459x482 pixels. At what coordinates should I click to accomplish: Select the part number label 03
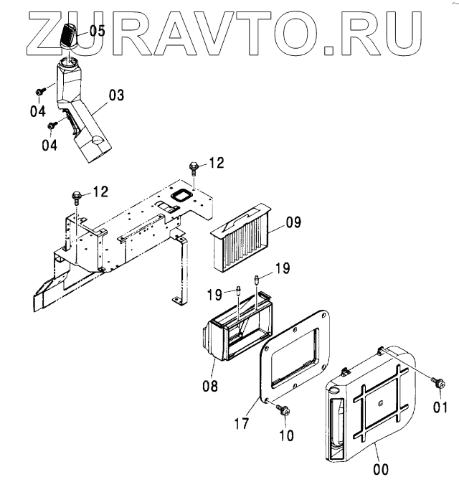click(116, 94)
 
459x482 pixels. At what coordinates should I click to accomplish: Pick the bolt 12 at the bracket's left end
click(77, 195)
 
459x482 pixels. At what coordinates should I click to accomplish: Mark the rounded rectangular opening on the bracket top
click(184, 197)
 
